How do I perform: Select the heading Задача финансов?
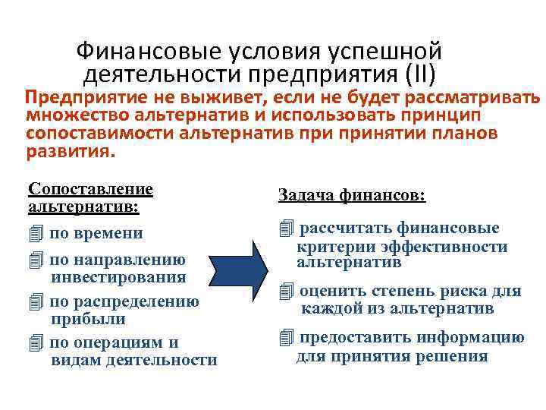tap(352, 195)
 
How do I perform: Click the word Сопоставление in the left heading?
tap(90, 188)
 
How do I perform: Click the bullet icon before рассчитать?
tap(285, 229)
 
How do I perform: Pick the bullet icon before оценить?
tap(285, 291)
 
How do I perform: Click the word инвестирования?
tap(118, 278)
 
